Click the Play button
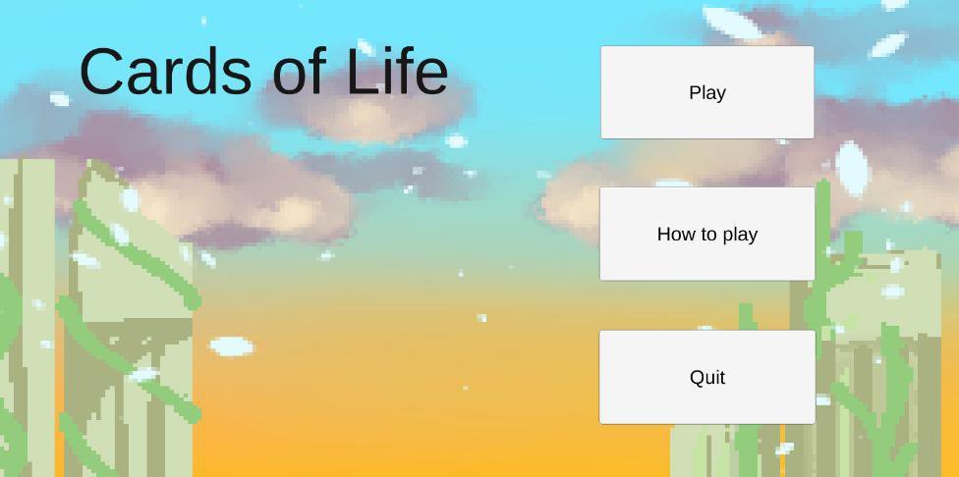(707, 92)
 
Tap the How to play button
(707, 234)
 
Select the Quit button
(707, 377)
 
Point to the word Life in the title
(397, 72)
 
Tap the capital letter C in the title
(101, 72)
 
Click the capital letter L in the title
(361, 72)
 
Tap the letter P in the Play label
(695, 92)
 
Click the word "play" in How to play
(740, 235)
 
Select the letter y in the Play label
(720, 95)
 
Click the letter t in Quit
(722, 377)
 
